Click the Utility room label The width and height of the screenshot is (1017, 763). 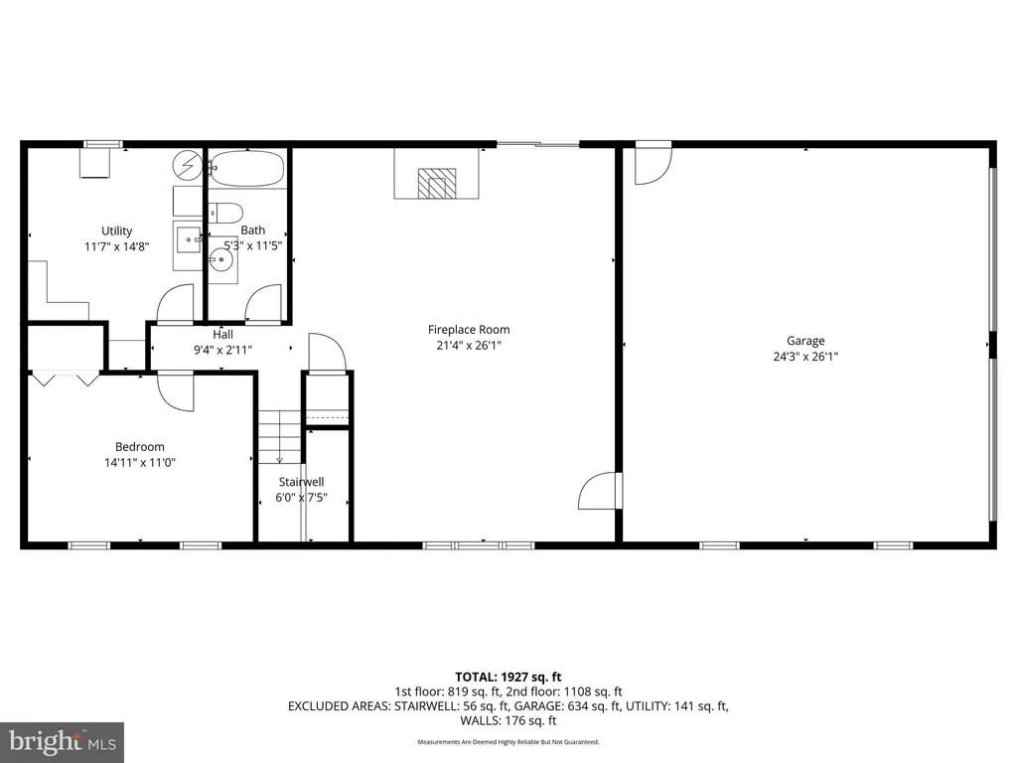pos(117,230)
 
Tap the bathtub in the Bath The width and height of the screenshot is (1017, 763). pos(247,169)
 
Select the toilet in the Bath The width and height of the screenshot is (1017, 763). pos(225,213)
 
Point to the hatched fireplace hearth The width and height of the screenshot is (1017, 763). pos(437,184)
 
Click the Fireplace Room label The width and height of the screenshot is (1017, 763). pos(469,330)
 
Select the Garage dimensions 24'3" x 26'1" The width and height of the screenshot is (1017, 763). pos(805,357)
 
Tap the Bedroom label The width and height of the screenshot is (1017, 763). pos(139,446)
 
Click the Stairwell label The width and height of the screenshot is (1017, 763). pos(302,482)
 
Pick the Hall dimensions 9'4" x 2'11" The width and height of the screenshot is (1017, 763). pos(223,351)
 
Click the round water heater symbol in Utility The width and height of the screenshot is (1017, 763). pos(188,166)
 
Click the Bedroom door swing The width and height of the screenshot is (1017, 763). pos(176,391)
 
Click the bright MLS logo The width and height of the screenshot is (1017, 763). pos(62,741)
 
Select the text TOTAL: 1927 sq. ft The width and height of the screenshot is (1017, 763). pos(508,678)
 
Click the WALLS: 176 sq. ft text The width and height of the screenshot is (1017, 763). pos(508,721)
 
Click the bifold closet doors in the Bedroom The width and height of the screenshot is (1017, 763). pos(66,379)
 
